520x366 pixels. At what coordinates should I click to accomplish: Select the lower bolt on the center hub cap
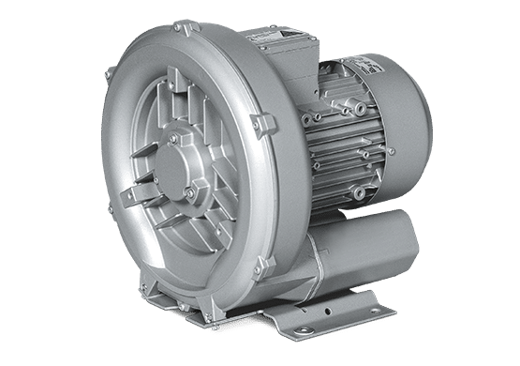pos(187,193)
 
